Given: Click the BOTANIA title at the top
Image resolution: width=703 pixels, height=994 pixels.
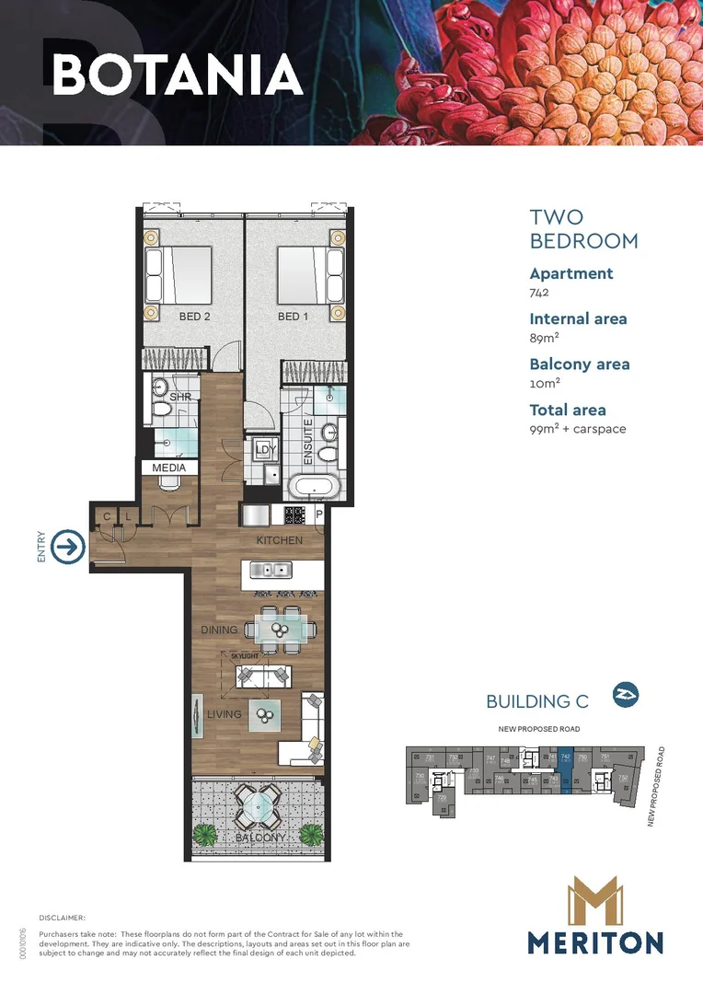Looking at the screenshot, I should click(178, 75).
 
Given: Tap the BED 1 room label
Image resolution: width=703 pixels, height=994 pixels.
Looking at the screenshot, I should click(293, 317).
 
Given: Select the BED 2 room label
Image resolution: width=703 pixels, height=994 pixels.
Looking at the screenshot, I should click(194, 317).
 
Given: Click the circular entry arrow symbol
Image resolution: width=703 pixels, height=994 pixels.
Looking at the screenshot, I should click(69, 547).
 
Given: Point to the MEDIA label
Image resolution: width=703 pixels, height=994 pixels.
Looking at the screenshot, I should click(168, 468).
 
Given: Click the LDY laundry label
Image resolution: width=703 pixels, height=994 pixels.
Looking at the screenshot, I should click(266, 449).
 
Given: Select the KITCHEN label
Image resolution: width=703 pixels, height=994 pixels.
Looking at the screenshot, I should click(279, 540).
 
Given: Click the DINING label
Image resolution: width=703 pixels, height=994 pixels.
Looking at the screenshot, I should click(219, 630).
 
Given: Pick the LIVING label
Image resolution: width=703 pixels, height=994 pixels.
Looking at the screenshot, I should click(224, 714).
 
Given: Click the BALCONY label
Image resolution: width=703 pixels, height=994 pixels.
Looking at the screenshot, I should click(260, 838).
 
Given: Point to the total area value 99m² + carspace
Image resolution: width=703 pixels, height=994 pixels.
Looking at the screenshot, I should click(577, 429).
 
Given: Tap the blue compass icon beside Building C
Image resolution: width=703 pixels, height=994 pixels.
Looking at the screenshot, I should click(625, 695).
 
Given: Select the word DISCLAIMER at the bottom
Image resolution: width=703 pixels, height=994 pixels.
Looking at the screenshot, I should click(62, 918).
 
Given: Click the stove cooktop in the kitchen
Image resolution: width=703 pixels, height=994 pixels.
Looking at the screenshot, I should click(294, 514).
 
